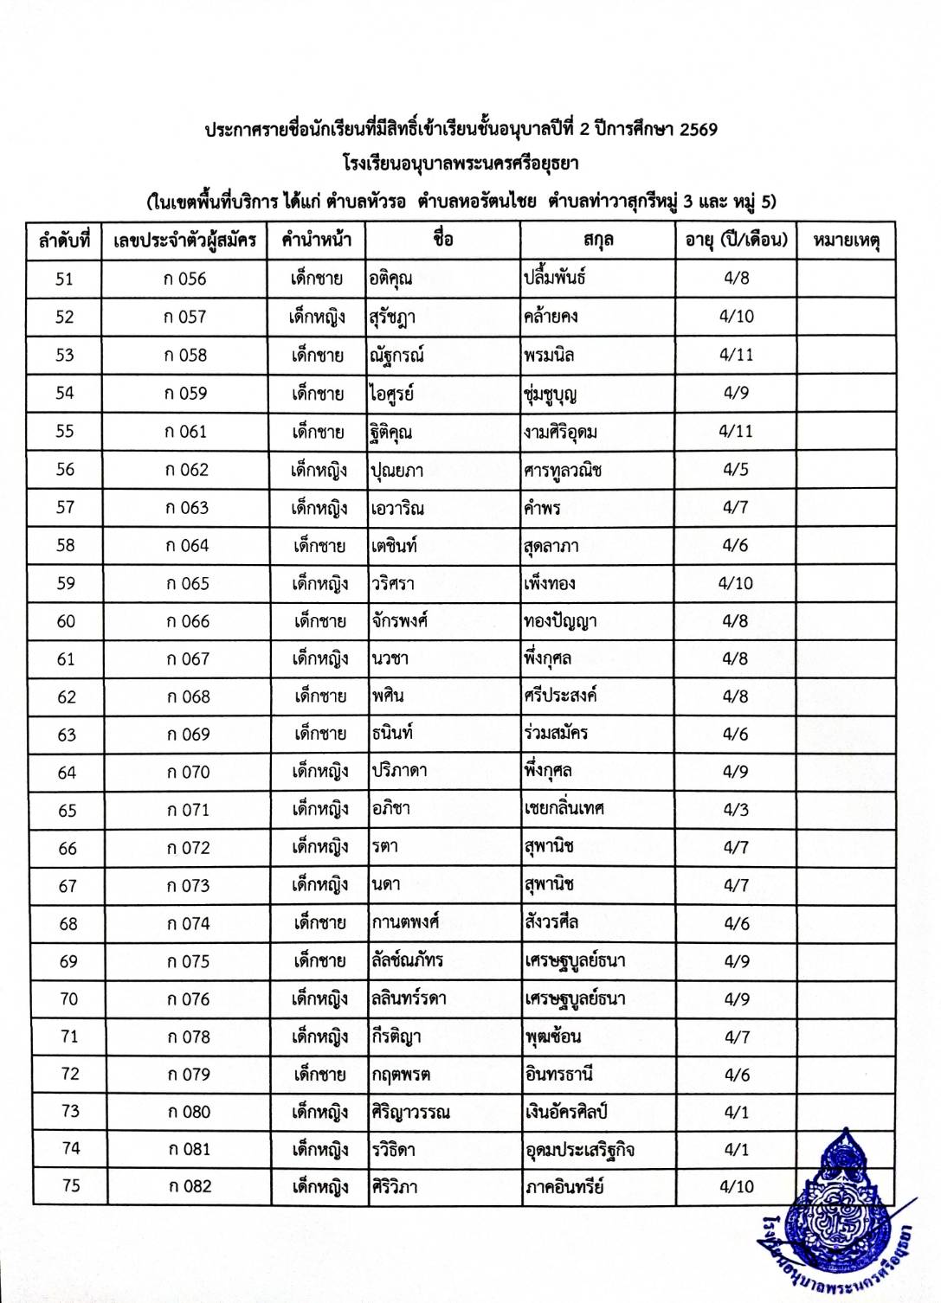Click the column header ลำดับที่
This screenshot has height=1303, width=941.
tap(65, 241)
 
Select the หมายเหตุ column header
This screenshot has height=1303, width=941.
tap(846, 241)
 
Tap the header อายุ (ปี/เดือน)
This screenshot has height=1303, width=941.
tap(736, 240)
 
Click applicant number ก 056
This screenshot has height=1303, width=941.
tap(184, 279)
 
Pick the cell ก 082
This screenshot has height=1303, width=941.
tap(189, 1186)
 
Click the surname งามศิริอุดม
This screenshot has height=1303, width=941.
tap(560, 431)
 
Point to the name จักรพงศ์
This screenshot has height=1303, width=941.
tap(399, 621)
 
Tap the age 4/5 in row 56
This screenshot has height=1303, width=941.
tap(736, 470)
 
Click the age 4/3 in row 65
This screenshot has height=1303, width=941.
tap(736, 810)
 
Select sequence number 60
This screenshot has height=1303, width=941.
tap(66, 621)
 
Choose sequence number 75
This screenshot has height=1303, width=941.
tap(71, 1186)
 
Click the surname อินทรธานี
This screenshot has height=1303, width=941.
tap(559, 1074)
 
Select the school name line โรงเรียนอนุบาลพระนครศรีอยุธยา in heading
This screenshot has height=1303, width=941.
tap(461, 164)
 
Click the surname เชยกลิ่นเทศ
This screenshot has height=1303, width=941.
tap(564, 809)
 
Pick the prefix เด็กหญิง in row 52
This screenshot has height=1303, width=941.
tap(318, 317)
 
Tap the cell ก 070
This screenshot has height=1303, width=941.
tap(188, 772)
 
